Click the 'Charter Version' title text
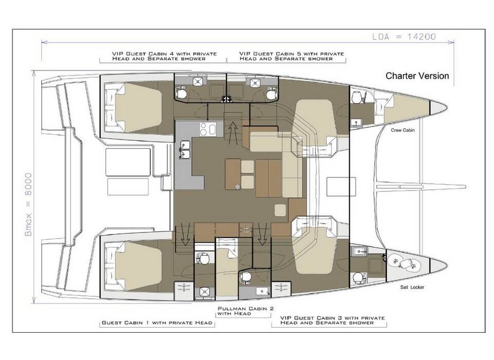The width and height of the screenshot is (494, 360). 417,76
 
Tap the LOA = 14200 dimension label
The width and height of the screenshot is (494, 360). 404,37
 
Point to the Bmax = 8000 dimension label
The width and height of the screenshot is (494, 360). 28,204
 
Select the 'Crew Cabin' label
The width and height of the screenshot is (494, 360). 402,130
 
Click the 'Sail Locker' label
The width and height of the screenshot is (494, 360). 412,287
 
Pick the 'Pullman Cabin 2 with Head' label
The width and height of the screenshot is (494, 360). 245,311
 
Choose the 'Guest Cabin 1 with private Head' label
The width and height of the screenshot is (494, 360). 157,323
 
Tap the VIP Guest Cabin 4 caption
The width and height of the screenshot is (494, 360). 164,56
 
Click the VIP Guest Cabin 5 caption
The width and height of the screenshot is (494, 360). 291,56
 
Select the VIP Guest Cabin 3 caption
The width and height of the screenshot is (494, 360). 332,320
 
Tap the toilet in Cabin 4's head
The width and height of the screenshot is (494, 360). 182,94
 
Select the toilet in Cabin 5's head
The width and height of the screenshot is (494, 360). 271,94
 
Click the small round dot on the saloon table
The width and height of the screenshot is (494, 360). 238,187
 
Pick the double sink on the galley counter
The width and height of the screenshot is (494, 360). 184,150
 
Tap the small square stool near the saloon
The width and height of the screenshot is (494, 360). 280,210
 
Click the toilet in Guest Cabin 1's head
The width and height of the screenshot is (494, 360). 204,259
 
